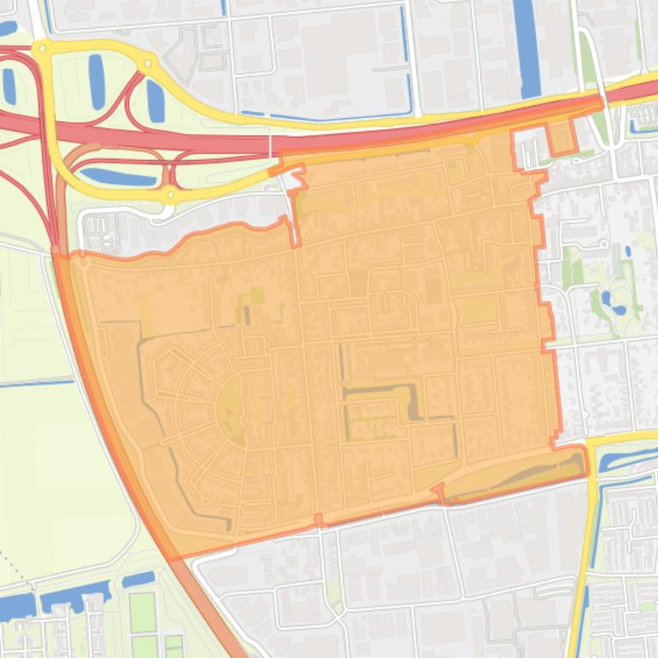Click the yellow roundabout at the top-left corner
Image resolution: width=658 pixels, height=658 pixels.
40,50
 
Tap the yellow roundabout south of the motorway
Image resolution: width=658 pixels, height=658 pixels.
171,196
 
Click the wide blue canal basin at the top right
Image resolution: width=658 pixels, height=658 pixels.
526,47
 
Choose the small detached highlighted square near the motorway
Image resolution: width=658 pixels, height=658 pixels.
561,138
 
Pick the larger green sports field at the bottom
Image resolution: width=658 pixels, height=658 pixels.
143,612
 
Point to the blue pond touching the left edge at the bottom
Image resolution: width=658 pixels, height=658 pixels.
13,607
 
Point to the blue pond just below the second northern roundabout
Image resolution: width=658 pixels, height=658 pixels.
155,101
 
